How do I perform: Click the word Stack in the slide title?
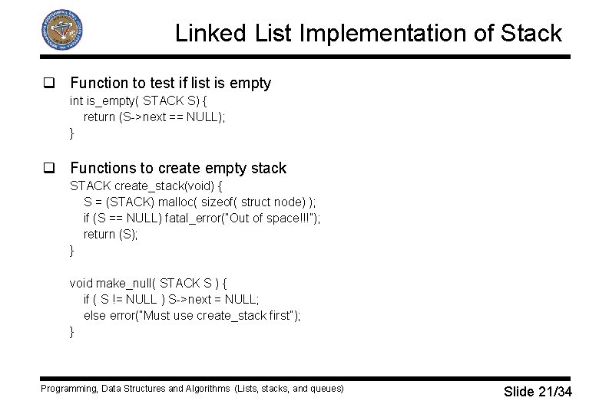click(x=531, y=34)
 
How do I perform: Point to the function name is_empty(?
click(x=112, y=100)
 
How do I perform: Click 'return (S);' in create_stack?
click(x=111, y=234)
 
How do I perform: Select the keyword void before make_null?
click(x=81, y=283)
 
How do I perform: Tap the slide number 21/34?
click(x=554, y=392)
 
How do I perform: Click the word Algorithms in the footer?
click(x=207, y=389)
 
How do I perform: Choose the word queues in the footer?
click(x=326, y=389)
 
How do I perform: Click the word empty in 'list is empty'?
click(x=250, y=83)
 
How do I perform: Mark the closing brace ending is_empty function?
click(x=72, y=133)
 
